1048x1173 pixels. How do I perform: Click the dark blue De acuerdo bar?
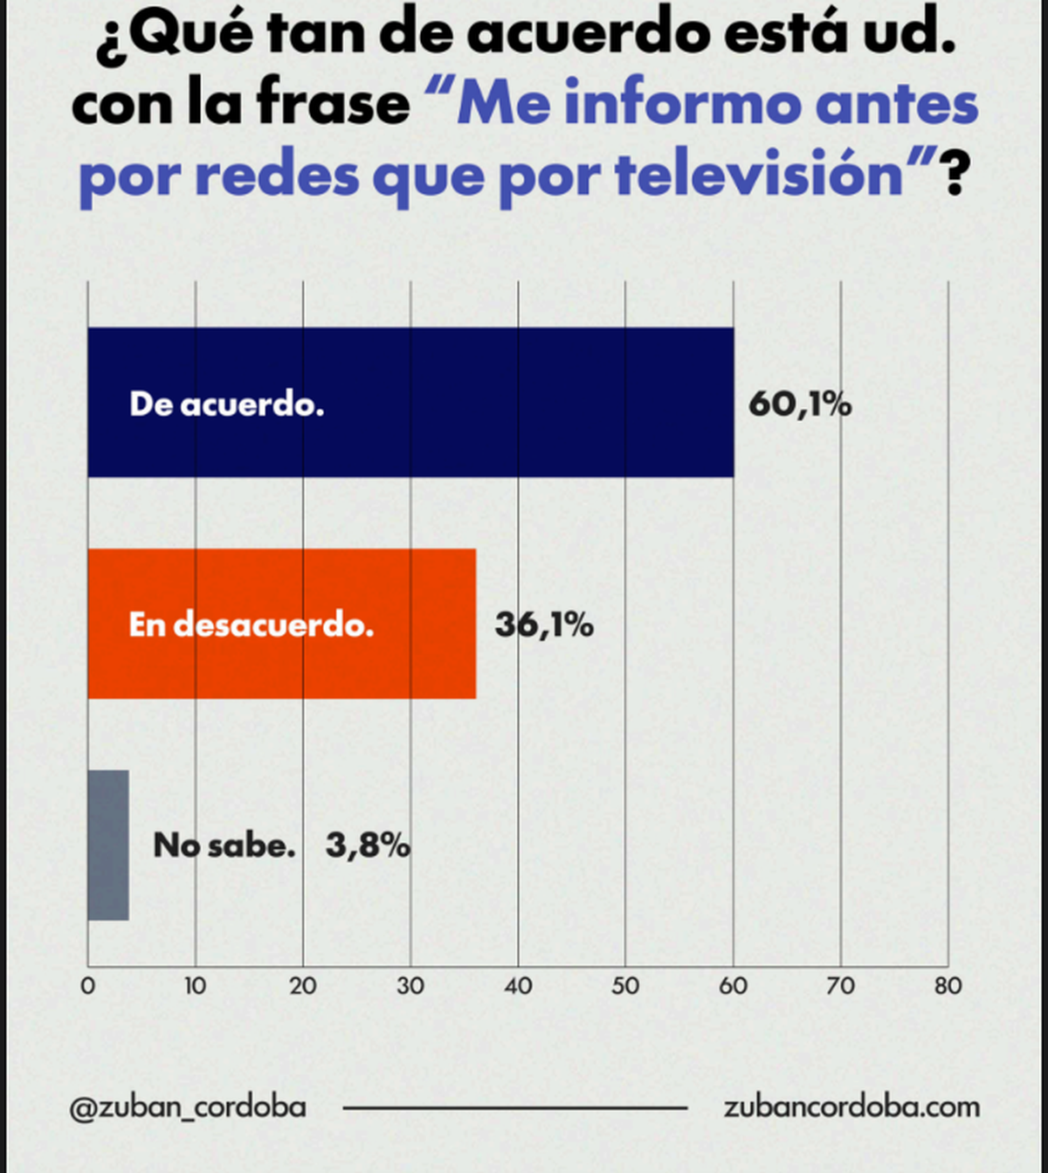[410, 403]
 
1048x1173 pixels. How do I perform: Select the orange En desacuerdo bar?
[282, 624]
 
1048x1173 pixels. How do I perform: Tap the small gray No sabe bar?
[108, 845]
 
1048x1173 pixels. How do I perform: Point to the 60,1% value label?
[800, 404]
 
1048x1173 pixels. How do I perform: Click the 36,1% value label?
[544, 625]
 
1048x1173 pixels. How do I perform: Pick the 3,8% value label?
[369, 845]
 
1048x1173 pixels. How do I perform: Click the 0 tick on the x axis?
[88, 986]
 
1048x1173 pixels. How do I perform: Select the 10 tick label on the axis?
[195, 986]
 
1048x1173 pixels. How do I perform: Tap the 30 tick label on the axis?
[410, 986]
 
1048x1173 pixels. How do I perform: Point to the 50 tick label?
[625, 986]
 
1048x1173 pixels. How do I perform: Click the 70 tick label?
[841, 986]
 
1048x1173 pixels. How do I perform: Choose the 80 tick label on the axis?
[948, 986]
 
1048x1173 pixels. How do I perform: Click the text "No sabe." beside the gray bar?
[224, 845]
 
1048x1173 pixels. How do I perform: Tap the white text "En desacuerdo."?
[252, 624]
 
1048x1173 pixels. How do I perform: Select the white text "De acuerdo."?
[226, 404]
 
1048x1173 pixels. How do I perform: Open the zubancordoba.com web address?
[851, 1107]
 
